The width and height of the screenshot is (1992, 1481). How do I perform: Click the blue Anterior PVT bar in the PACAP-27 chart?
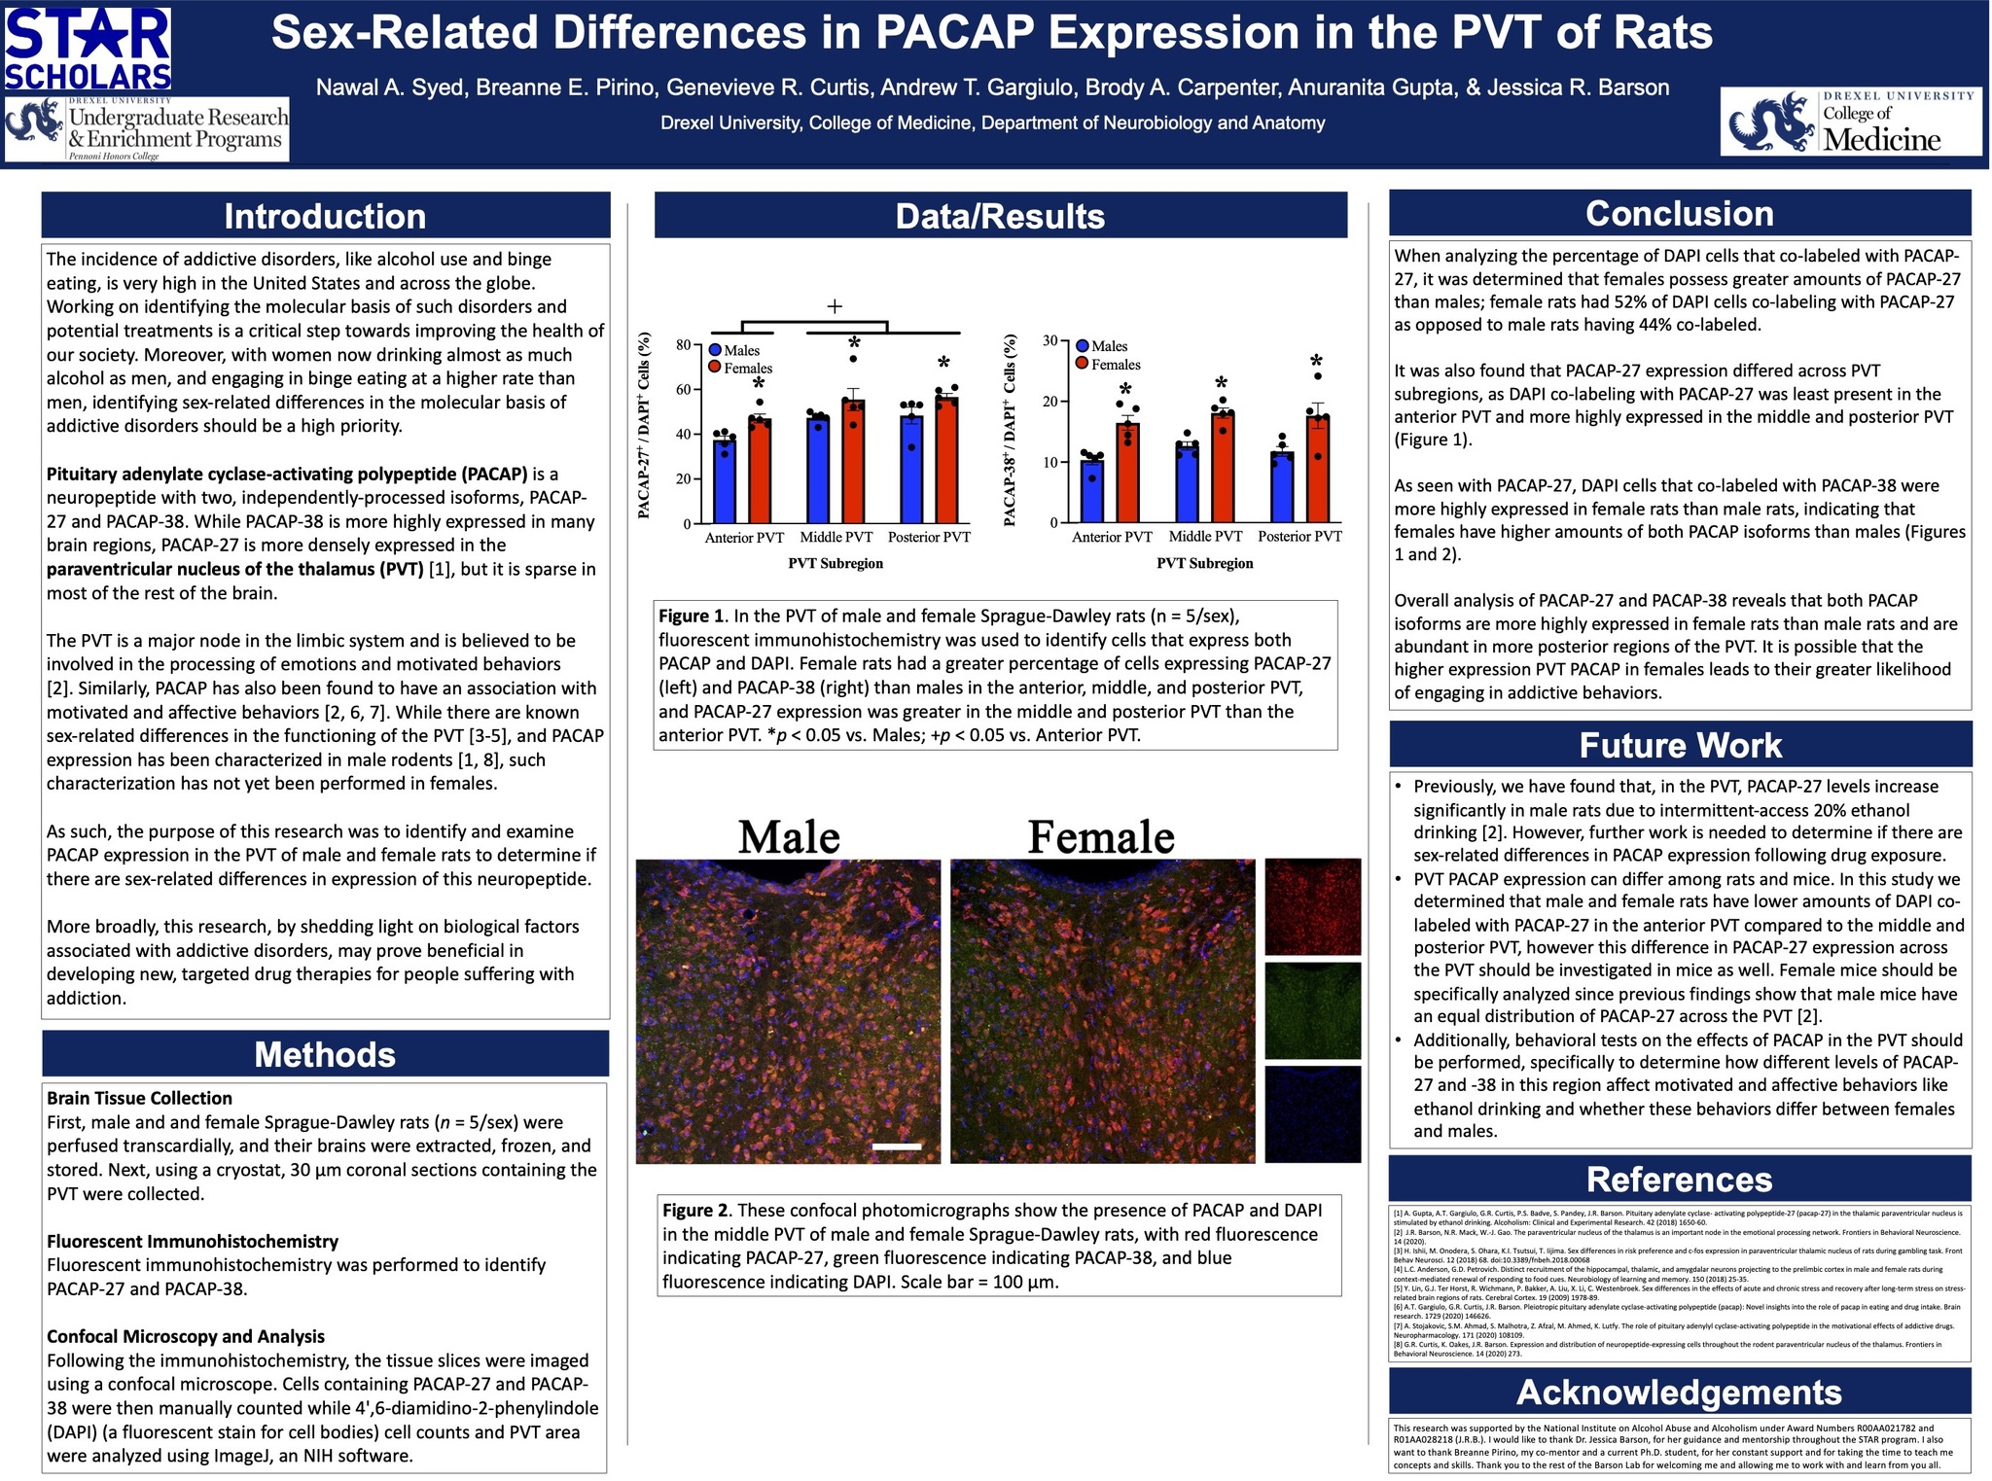point(725,482)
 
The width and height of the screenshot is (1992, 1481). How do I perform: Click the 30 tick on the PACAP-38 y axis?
point(1049,340)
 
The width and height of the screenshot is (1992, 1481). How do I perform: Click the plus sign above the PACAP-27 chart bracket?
point(835,307)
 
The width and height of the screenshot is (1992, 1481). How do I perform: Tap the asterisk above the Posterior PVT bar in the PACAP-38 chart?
point(1316,363)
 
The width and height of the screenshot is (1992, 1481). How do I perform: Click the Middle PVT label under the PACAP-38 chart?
point(1205,537)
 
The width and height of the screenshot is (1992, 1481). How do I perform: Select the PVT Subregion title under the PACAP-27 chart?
point(836,563)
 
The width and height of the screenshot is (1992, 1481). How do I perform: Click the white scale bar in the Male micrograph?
point(897,1146)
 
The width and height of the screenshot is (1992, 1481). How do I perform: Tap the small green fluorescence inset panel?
point(1312,1010)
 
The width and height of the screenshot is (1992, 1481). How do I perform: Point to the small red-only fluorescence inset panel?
point(1312,906)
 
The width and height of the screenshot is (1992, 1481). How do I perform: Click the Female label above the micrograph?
point(1101,836)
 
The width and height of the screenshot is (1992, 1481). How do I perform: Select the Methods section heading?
point(325,1055)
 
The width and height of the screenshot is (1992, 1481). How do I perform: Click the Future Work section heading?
point(1680,746)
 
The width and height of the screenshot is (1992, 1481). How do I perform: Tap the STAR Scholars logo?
point(88,49)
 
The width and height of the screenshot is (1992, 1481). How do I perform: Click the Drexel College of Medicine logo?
point(1851,123)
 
